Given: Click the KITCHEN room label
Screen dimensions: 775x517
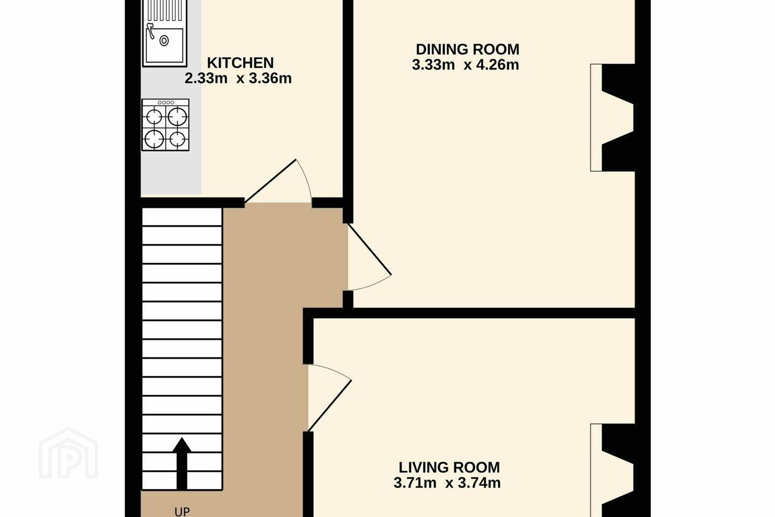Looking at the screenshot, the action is [x=240, y=63].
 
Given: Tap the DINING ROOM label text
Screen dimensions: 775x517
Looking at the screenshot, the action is [x=467, y=50].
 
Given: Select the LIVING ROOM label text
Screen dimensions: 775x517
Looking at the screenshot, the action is [x=449, y=467].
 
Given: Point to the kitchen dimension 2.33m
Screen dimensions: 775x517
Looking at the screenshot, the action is [x=206, y=78].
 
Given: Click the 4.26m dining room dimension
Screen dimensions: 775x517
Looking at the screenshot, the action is [x=497, y=65].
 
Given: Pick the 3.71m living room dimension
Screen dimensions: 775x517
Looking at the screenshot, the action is [x=415, y=483].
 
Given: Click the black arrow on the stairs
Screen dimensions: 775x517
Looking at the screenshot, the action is [x=182, y=464].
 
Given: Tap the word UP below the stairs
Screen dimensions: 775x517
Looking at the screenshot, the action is [x=182, y=512].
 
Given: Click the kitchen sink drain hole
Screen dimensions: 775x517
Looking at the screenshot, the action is [x=164, y=41].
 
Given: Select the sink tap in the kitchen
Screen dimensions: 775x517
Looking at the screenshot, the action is [x=151, y=31].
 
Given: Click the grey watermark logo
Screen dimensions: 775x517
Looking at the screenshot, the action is [x=68, y=453].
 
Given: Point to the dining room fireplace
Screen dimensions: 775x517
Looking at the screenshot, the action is [x=612, y=117].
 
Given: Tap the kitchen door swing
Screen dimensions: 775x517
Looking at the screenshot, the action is [x=278, y=181].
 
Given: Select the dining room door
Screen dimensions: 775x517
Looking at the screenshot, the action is [x=369, y=257].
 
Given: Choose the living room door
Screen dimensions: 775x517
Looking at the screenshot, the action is [x=329, y=398].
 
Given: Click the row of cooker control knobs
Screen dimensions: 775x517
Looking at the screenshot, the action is [x=165, y=102].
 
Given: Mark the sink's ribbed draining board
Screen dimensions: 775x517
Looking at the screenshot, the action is [x=165, y=10].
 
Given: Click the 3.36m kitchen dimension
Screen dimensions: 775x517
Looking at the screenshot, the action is [x=270, y=78].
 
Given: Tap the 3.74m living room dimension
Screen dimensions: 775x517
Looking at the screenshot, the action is [x=479, y=483].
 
